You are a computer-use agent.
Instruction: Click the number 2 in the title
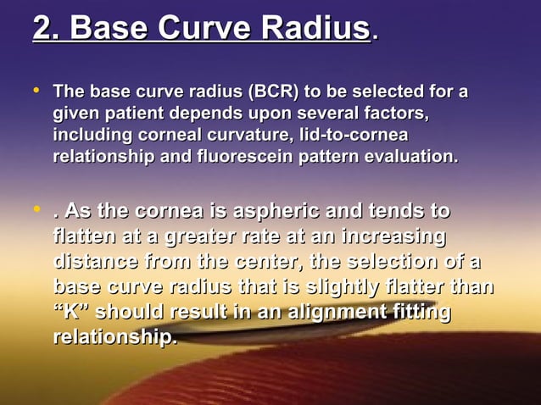tap(43, 29)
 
